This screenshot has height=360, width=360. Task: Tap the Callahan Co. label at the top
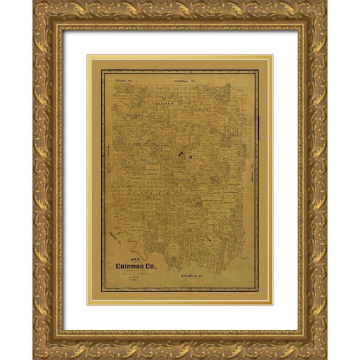[187, 80]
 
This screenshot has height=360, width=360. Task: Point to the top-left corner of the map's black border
[102, 70]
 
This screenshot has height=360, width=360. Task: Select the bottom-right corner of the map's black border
[258, 290]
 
